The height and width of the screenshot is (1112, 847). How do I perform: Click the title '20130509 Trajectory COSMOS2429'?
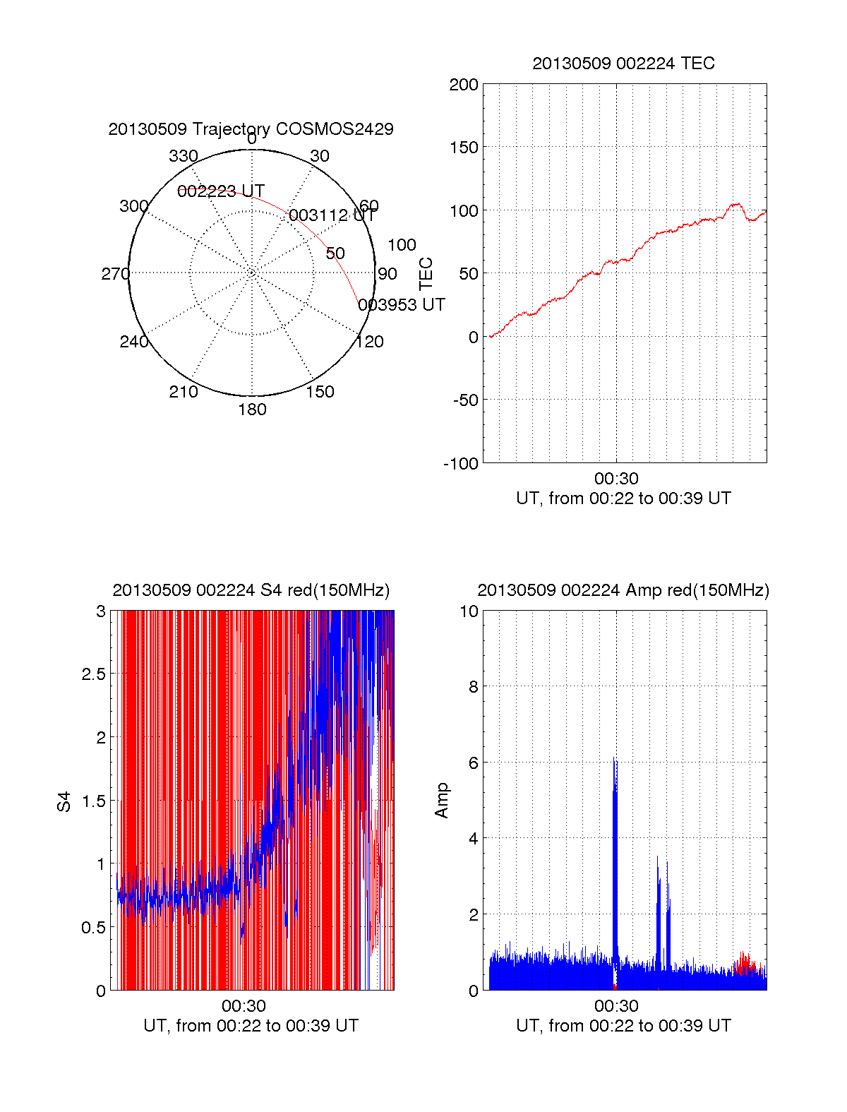pyautogui.click(x=251, y=129)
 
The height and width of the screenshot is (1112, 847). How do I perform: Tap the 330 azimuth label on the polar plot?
pyautogui.click(x=183, y=156)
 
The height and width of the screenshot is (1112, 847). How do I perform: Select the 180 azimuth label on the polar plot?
pyautogui.click(x=252, y=409)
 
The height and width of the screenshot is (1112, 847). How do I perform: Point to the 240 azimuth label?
pyautogui.click(x=133, y=342)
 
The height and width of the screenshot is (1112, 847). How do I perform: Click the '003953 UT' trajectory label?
pyautogui.click(x=402, y=305)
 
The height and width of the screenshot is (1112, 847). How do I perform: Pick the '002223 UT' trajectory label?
pyautogui.click(x=221, y=191)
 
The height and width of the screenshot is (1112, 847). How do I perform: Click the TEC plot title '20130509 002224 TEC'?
pyautogui.click(x=623, y=64)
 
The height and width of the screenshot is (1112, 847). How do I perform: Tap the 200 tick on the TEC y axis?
pyautogui.click(x=464, y=85)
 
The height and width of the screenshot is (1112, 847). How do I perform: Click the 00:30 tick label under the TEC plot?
pyautogui.click(x=616, y=479)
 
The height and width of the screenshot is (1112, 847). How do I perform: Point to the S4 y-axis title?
pyautogui.click(x=64, y=801)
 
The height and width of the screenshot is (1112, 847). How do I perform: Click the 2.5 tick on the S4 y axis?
pyautogui.click(x=94, y=674)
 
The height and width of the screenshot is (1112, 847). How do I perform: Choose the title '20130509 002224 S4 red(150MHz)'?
pyautogui.click(x=251, y=590)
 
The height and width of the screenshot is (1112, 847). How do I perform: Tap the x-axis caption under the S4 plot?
pyautogui.click(x=251, y=1026)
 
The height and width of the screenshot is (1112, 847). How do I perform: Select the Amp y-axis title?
pyautogui.click(x=442, y=801)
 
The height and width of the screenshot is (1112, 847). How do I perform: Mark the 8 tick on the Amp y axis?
pyautogui.click(x=473, y=687)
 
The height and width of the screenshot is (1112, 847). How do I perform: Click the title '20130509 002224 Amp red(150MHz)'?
pyautogui.click(x=623, y=590)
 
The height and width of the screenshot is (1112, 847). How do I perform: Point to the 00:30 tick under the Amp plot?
pyautogui.click(x=616, y=1006)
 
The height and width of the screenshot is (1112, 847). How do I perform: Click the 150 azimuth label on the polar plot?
pyautogui.click(x=320, y=392)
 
